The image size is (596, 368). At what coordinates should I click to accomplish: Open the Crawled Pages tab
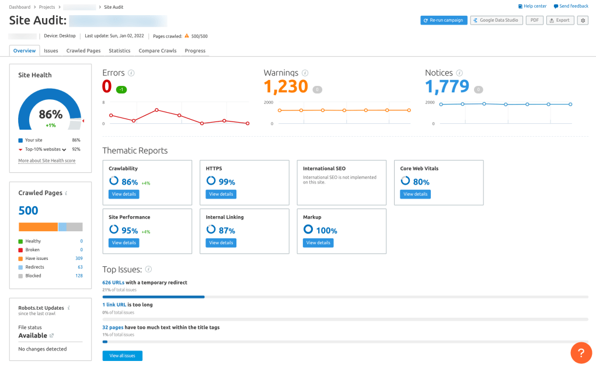[83, 51]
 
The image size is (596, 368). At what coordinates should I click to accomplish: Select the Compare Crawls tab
[157, 51]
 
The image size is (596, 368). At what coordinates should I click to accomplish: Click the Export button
[559, 20]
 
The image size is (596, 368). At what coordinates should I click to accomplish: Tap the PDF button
[534, 20]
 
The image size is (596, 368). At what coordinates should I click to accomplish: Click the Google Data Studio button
[496, 20]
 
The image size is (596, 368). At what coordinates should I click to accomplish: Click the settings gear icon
[582, 20]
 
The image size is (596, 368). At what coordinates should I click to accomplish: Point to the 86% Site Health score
[51, 114]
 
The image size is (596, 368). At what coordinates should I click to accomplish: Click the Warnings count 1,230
[285, 86]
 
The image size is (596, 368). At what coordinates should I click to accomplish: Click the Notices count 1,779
[447, 86]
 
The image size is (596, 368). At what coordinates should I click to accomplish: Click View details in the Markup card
[318, 242]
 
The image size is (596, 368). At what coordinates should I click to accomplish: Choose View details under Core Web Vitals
[415, 194]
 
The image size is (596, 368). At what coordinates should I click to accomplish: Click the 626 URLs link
[113, 283]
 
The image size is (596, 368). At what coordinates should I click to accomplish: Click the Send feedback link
[571, 6]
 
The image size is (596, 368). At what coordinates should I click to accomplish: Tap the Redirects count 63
[80, 267]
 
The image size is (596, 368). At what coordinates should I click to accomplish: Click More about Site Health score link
[47, 161]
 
